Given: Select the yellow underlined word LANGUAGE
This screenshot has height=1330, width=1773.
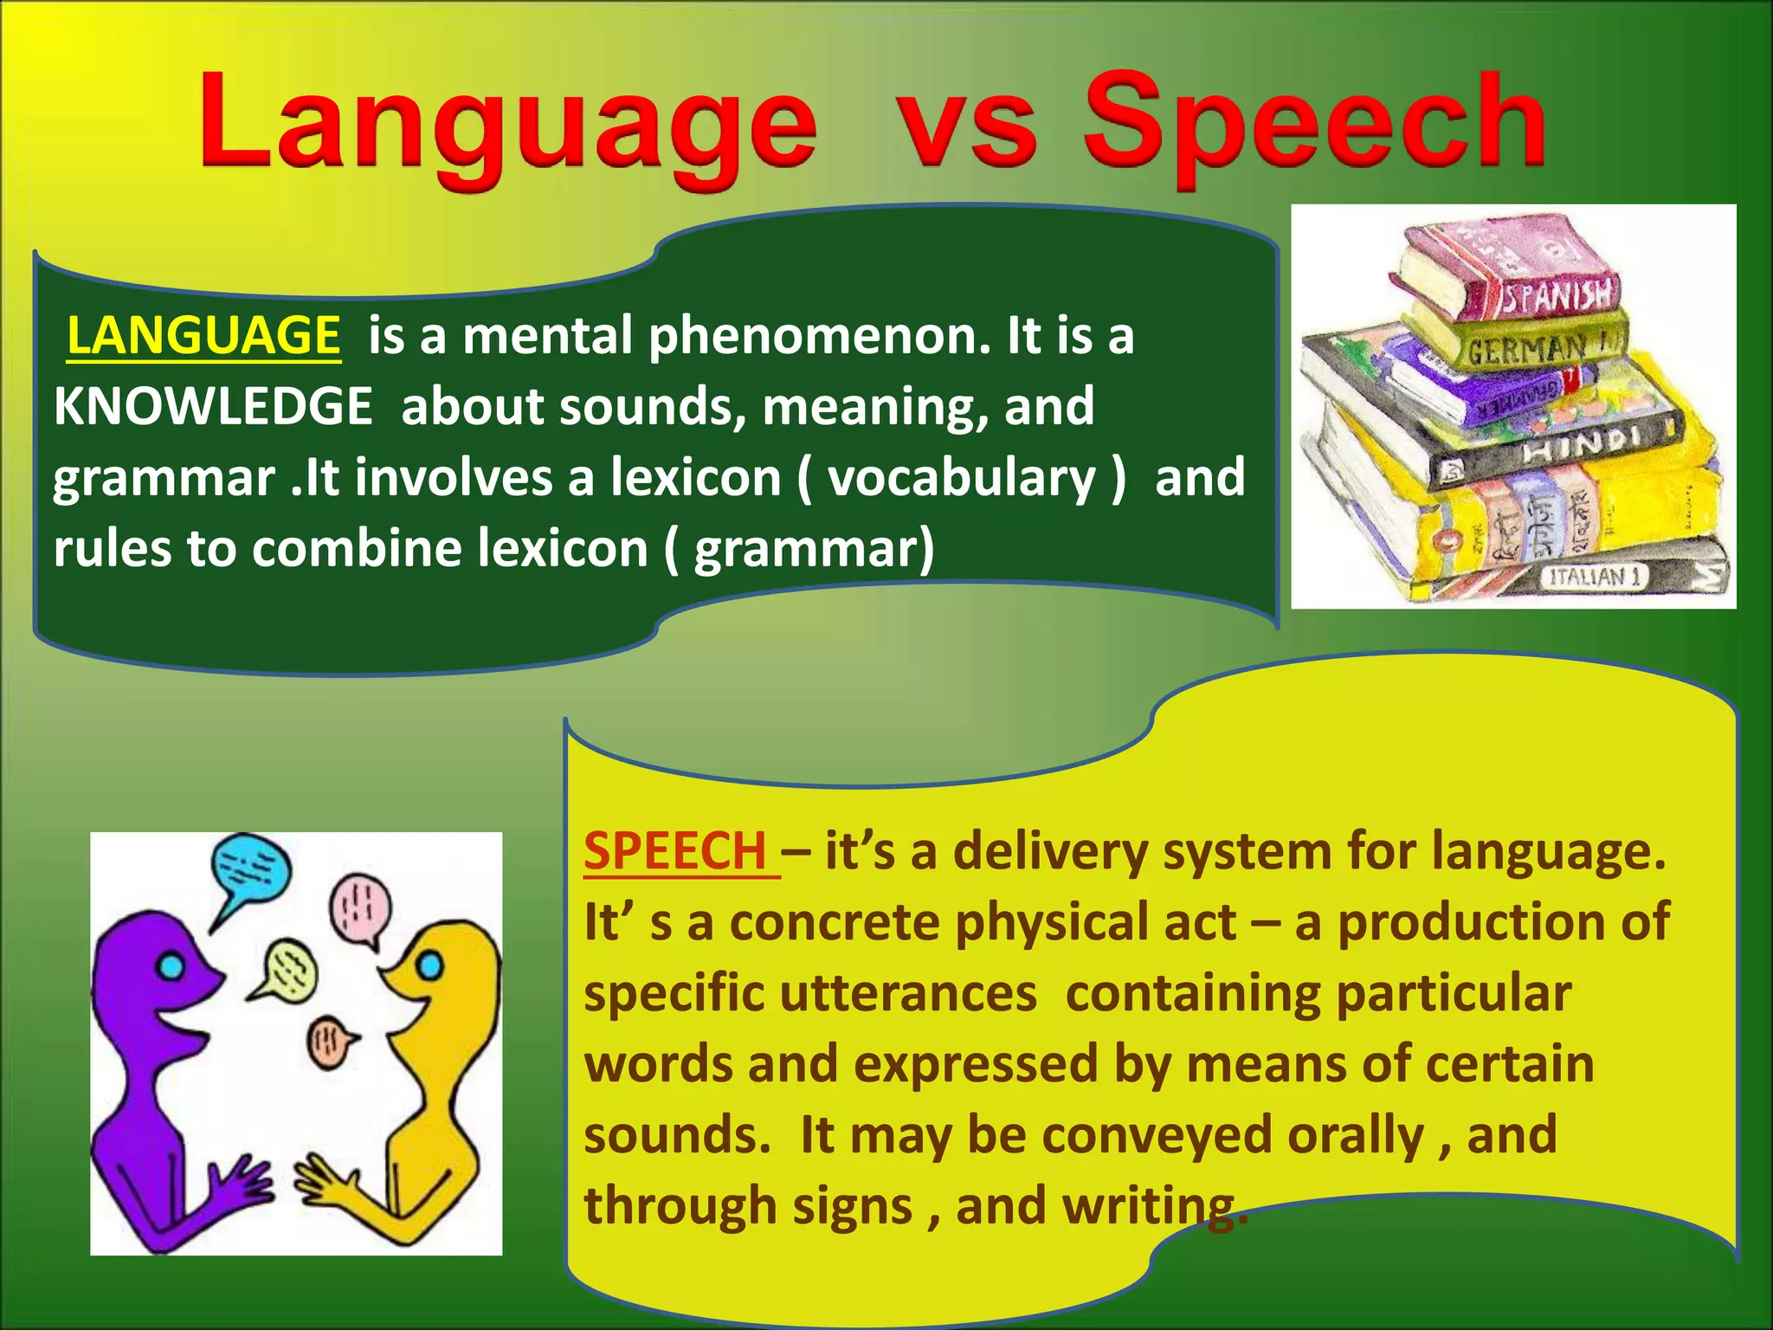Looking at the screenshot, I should (x=203, y=336).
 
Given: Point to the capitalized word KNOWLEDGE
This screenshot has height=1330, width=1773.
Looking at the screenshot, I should (x=213, y=406).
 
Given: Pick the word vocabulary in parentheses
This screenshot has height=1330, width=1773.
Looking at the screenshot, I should (x=961, y=478).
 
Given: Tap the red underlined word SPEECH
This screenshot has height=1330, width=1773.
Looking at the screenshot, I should (x=675, y=851).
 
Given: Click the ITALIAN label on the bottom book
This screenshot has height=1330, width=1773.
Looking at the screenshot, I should (x=1593, y=577).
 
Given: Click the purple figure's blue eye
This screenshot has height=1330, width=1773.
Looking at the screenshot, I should (x=172, y=966).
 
